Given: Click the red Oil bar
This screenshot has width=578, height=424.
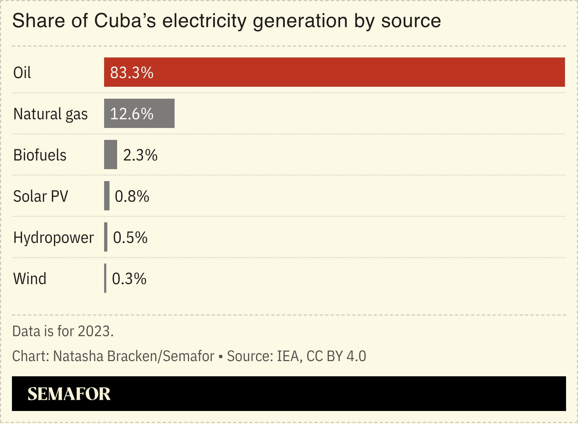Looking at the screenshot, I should [334, 72].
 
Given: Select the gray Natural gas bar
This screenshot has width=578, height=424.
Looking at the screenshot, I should [139, 113].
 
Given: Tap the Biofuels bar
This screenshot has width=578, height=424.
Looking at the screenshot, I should [111, 155].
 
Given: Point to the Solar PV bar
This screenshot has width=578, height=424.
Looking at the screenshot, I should [107, 196].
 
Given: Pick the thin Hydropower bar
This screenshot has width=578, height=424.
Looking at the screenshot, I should [106, 237].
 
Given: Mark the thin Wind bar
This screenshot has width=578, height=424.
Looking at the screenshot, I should [105, 278].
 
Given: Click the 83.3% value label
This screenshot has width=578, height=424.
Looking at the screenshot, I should [132, 73].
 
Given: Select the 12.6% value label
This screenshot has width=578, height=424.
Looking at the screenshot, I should [132, 114].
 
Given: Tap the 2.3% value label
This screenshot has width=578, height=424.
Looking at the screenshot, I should [140, 155].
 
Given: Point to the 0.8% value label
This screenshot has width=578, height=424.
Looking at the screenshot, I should [132, 196].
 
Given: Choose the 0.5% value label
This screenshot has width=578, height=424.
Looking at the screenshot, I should [130, 237].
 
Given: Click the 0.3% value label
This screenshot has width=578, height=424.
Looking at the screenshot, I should [129, 279].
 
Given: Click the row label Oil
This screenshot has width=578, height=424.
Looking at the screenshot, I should [22, 73].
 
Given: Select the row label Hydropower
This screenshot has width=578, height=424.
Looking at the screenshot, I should [53, 237].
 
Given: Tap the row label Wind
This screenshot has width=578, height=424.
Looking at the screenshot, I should [30, 279].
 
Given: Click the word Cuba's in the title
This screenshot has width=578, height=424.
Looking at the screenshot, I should [125, 21].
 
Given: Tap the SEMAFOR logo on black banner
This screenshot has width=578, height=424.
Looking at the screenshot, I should [69, 394].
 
